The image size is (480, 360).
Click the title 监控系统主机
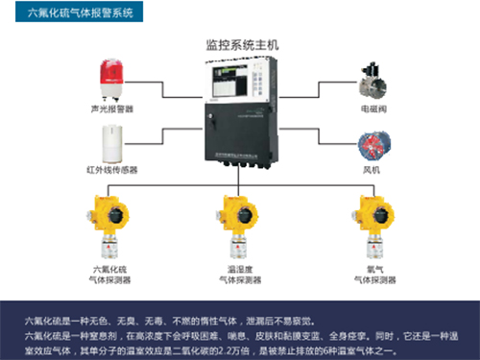coord(240,44)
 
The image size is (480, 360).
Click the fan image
coord(372,143)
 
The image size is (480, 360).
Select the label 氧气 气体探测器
coord(371,276)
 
